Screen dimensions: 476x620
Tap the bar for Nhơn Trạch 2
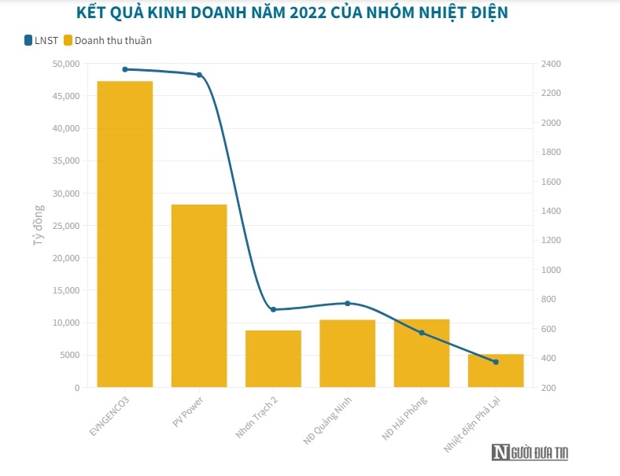tap(273, 359)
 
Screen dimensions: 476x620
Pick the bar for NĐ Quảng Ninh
tap(347, 353)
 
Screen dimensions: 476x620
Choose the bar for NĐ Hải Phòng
tap(422, 353)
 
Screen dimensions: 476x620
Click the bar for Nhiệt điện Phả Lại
tap(496, 371)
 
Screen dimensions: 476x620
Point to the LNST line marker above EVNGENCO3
tap(125, 69)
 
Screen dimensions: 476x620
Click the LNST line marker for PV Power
tap(199, 75)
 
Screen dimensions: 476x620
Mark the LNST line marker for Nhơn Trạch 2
tap(273, 309)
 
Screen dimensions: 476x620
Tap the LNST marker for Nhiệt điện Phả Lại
tap(496, 362)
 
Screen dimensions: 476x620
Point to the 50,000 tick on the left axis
tap(65, 63)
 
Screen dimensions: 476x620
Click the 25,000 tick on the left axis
tap(65, 225)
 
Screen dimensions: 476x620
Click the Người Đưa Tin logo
tap(530, 452)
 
